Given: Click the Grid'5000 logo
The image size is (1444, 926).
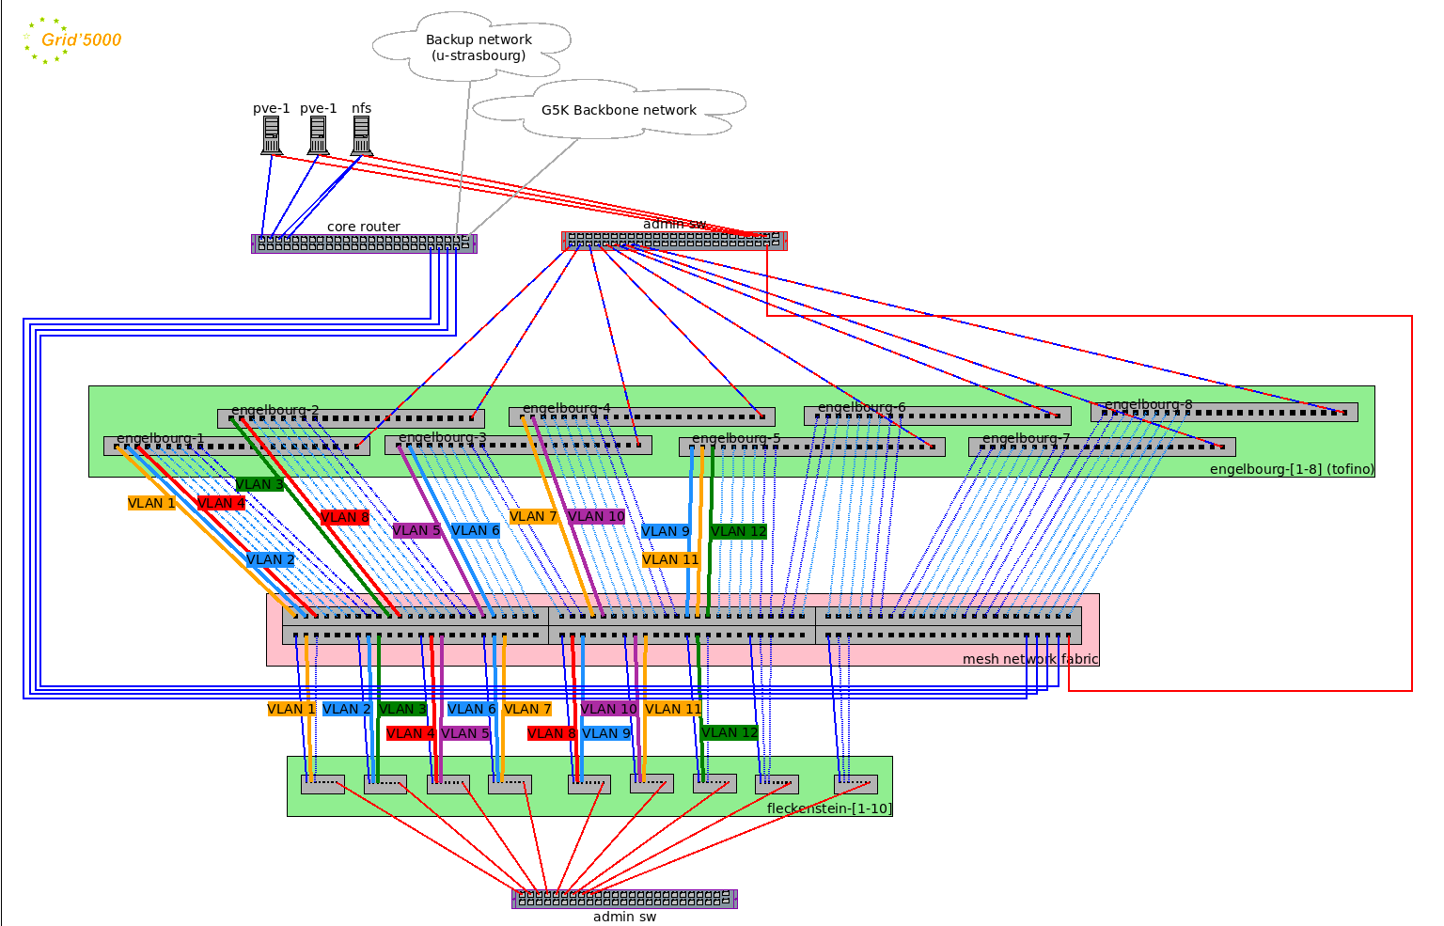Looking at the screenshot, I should click(x=71, y=40).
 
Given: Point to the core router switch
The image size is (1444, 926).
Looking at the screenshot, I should click(x=364, y=243).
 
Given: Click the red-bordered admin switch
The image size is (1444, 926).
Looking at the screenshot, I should click(x=674, y=242).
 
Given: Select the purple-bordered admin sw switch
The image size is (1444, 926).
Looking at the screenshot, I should click(x=624, y=899).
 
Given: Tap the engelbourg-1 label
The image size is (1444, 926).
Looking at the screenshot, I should click(x=160, y=438).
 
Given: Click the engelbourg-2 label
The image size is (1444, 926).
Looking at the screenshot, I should click(x=275, y=410).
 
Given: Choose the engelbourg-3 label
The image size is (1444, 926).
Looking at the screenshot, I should click(x=442, y=437).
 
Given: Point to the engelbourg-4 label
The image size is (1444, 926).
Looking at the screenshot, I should click(x=566, y=408).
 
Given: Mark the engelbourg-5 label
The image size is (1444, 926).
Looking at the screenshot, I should click(x=736, y=438).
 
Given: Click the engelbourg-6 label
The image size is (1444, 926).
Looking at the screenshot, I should click(x=861, y=407).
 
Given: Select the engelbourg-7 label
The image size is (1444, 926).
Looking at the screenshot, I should click(x=1026, y=438).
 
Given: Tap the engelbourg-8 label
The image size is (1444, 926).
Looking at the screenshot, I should click(x=1148, y=404).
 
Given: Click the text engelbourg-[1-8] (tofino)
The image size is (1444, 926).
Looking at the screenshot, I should click(x=1291, y=469).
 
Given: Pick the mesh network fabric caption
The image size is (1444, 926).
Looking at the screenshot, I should click(x=1029, y=659).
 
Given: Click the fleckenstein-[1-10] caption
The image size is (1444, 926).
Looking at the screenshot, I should click(x=829, y=808).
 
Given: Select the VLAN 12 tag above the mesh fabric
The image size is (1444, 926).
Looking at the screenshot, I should click(x=738, y=531).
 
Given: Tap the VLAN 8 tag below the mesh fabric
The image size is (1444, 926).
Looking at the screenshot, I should click(x=550, y=733).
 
